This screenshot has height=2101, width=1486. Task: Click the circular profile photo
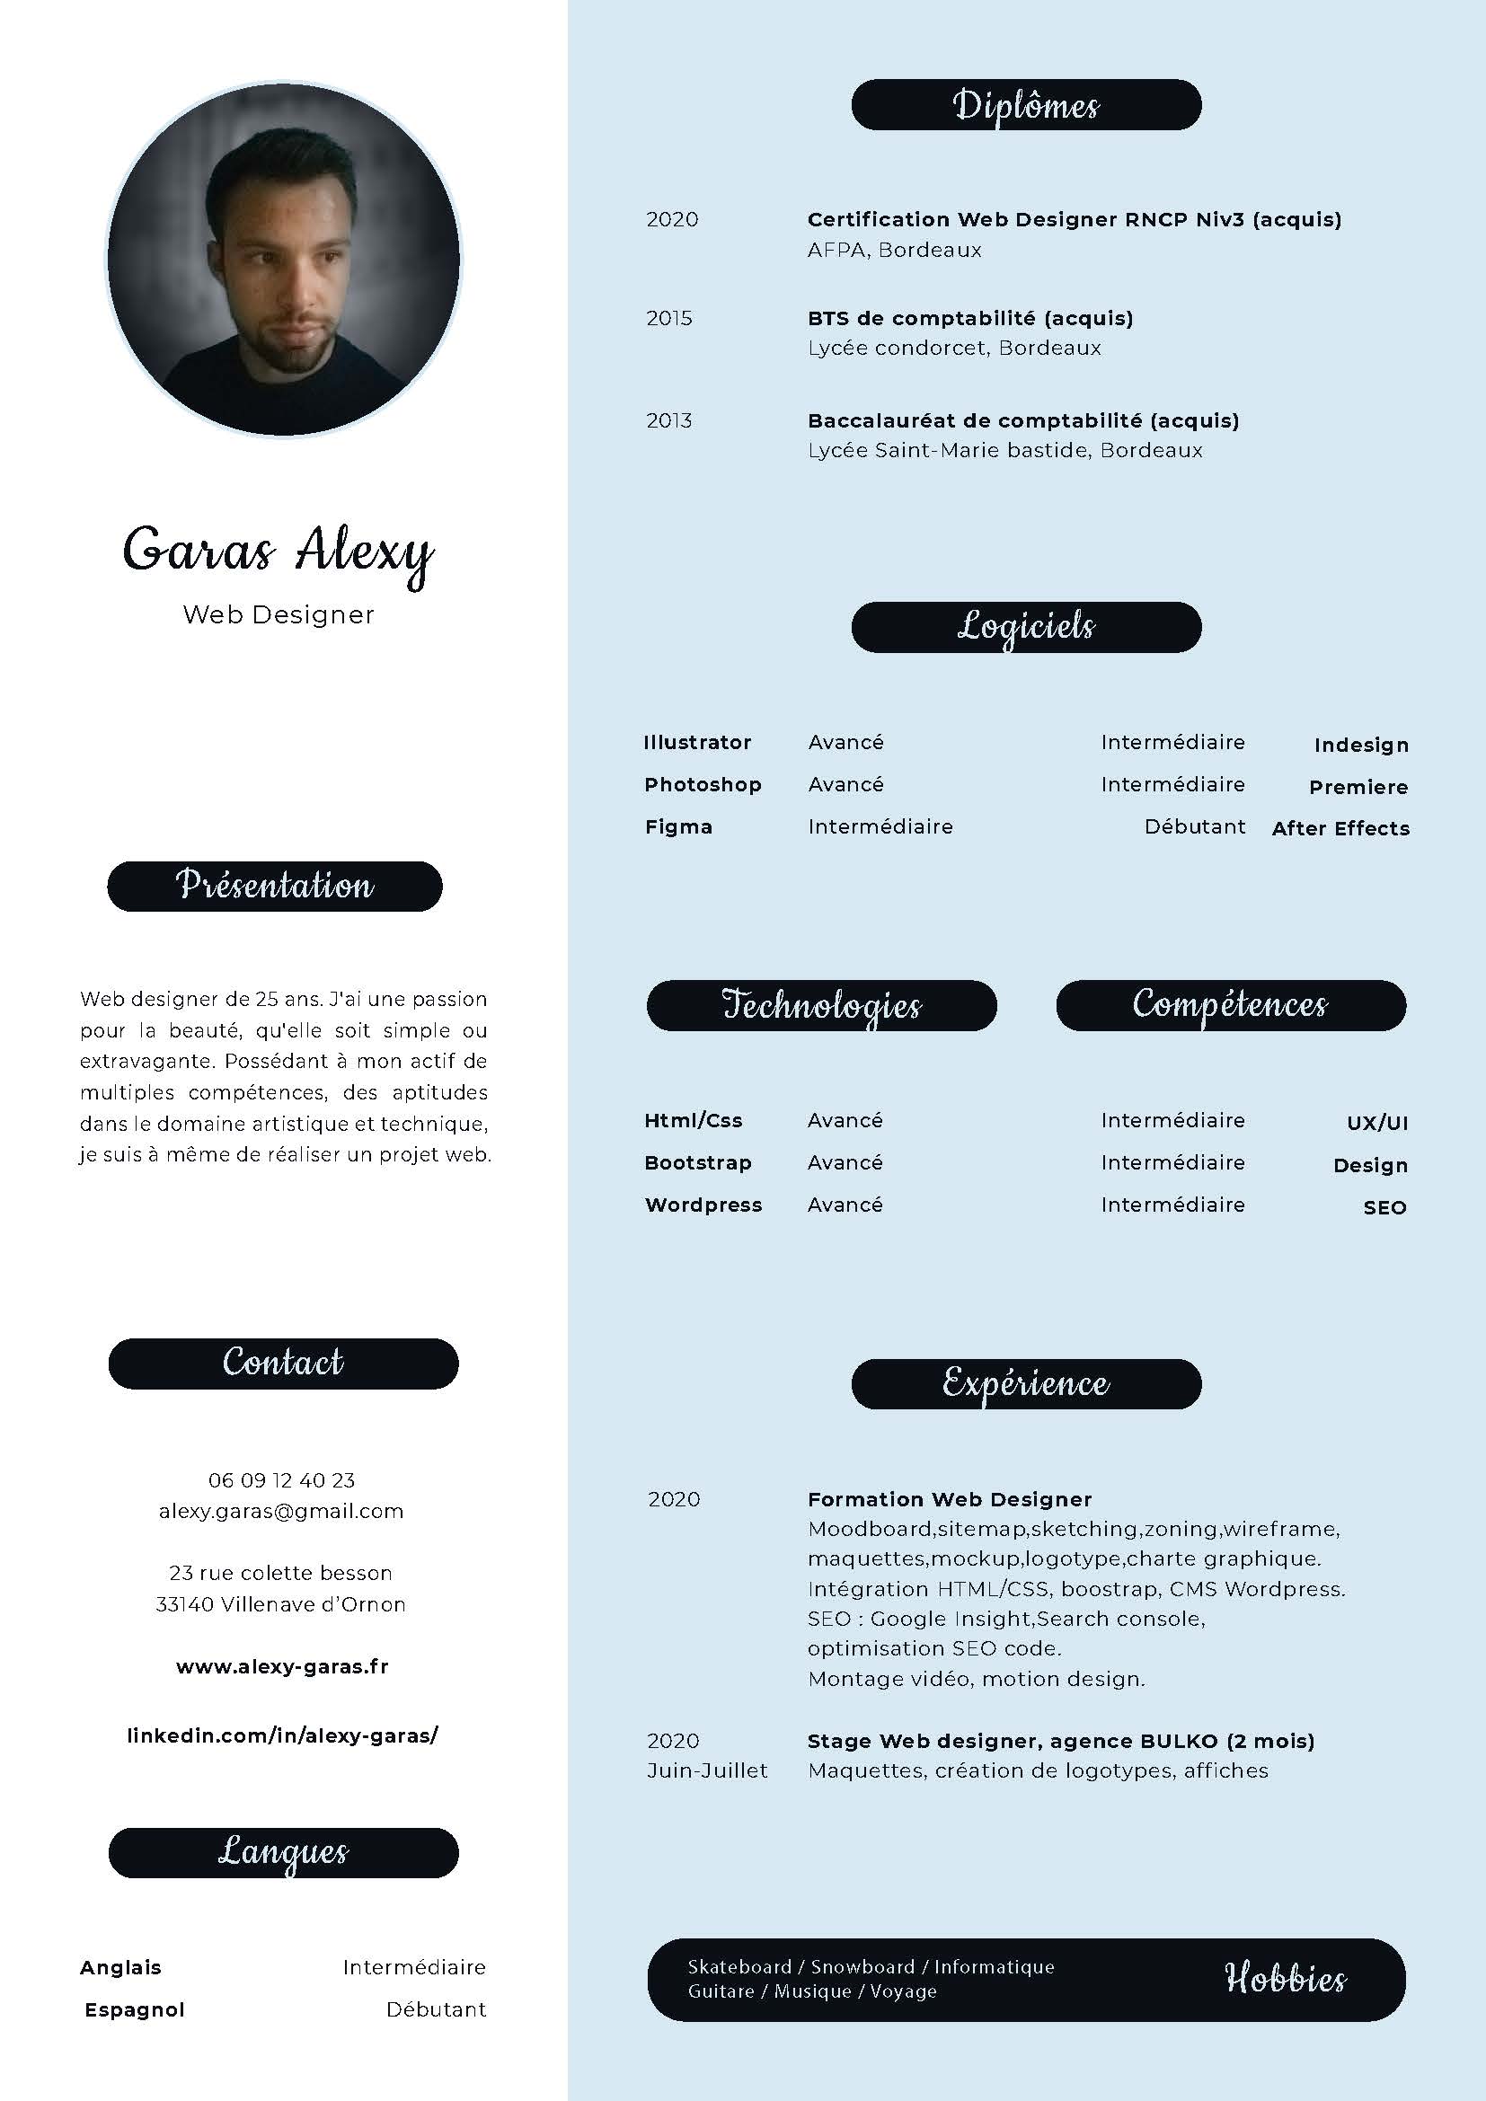[284, 259]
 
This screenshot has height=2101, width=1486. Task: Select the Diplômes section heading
[1026, 105]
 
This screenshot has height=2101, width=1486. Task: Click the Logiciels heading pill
[1026, 627]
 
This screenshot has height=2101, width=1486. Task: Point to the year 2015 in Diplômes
[669, 319]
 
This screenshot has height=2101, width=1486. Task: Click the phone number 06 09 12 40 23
[281, 1479]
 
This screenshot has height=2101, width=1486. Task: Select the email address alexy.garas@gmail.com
[281, 1511]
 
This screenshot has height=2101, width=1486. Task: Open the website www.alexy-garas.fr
[282, 1666]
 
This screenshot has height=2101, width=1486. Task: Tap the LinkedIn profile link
[282, 1735]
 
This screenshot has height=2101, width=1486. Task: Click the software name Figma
[678, 827]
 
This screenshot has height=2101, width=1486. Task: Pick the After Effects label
[1340, 828]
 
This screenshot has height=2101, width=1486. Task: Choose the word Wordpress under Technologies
[703, 1205]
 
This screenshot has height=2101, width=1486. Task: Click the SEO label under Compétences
[1384, 1208]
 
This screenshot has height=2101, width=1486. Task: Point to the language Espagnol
[135, 2009]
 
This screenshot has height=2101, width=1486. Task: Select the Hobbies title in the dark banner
[1285, 1978]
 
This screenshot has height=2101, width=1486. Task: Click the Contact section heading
[283, 1364]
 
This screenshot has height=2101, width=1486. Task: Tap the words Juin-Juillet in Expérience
[707, 1770]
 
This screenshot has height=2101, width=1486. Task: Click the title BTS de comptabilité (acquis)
[970, 319]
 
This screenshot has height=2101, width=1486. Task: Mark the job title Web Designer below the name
[279, 615]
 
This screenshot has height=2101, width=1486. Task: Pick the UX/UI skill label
[1377, 1123]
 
